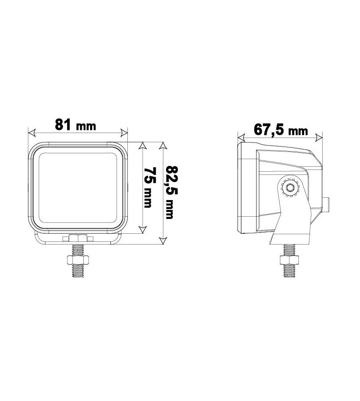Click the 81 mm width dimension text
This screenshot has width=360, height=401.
pos(75,125)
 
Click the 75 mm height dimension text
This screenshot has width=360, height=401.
pos(148,187)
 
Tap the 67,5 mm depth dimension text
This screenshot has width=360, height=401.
pos(280,129)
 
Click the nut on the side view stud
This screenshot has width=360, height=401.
pos(288,259)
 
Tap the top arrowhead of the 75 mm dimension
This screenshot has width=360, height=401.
pos(143,147)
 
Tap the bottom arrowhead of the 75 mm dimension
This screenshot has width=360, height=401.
pos(143,230)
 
